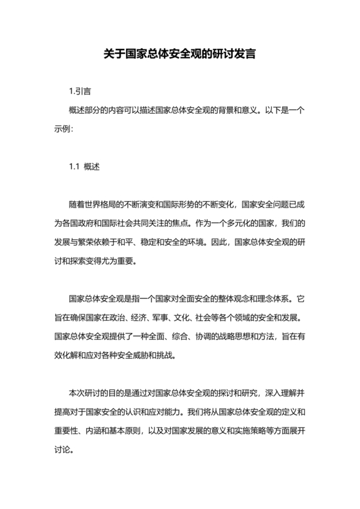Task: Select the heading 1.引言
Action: click(80, 92)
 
